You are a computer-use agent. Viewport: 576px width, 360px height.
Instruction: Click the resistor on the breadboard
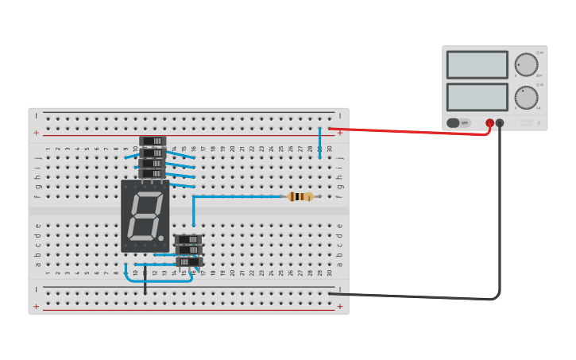pos(300,196)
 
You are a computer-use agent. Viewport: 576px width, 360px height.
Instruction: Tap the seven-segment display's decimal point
pos(161,238)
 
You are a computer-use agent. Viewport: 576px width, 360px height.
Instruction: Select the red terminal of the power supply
pos(489,123)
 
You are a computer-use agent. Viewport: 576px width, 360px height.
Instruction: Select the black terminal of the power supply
pos(500,123)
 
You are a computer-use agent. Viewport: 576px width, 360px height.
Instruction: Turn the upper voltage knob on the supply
pos(526,65)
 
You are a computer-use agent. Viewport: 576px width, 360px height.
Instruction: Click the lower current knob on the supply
pos(526,98)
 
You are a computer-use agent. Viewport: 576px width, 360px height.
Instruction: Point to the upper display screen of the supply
pos(477,65)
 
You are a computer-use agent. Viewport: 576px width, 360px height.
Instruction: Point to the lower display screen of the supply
pos(477,97)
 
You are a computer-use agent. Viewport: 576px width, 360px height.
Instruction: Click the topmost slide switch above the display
pos(152,141)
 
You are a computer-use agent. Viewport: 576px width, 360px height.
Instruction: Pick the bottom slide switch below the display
pos(188,261)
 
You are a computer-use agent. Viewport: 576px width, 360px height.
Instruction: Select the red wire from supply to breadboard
pos(413,132)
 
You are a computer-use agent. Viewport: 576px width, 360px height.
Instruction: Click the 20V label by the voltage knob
pos(539,76)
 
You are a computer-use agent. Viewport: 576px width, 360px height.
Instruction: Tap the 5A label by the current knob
pos(539,108)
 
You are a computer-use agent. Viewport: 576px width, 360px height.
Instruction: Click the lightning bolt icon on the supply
pos(539,123)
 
